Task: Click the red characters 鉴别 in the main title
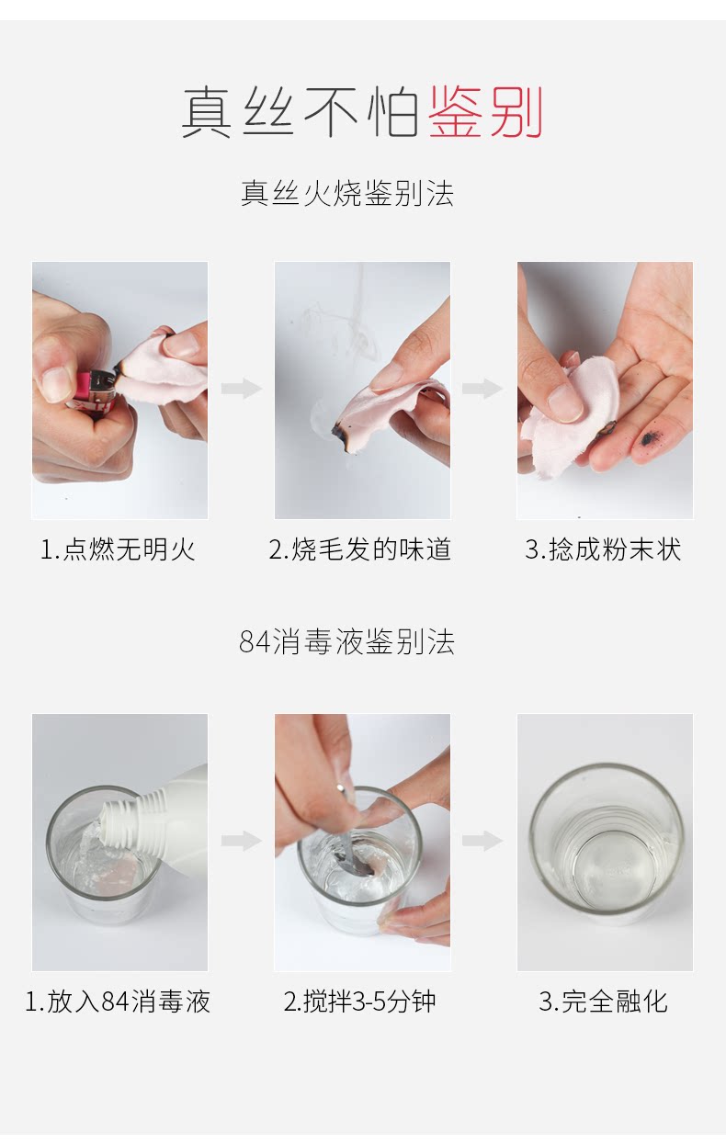485,112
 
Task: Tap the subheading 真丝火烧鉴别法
347,193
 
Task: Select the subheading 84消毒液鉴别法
347,641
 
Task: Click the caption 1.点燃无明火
118,549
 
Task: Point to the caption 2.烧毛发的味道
360,549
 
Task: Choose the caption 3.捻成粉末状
604,549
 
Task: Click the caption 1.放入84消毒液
118,1002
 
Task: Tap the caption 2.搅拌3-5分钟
360,1002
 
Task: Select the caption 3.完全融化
604,1002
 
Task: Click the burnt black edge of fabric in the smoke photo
339,435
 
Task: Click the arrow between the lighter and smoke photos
242,389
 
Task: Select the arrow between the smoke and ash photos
482,389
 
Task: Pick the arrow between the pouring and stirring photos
242,841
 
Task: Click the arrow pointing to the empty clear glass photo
482,841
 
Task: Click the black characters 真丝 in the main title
238,112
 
